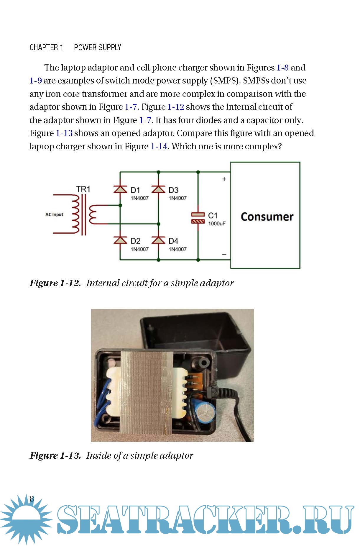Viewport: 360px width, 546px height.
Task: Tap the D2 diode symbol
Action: coord(120,240)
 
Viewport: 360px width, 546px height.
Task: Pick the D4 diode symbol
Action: coord(158,240)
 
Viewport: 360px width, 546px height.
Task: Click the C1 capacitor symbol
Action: coord(198,218)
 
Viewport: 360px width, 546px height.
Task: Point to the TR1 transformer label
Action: coord(83,189)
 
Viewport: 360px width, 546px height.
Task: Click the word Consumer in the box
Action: coord(267,217)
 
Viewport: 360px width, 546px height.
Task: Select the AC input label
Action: coord(54,214)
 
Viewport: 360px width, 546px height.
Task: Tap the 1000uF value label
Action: coord(217,224)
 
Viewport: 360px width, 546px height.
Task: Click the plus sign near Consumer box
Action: coord(224,179)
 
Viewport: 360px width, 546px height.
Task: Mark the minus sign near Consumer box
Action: coord(224,254)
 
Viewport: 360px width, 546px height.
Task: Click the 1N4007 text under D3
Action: coord(177,198)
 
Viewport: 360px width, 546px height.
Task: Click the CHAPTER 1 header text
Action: coord(46,47)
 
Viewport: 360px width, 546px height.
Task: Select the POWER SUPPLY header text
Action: coord(98,47)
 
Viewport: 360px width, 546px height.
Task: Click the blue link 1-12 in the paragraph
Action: coord(176,107)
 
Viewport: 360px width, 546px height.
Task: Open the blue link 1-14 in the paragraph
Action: coord(159,146)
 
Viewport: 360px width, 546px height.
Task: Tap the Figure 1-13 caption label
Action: coord(55,456)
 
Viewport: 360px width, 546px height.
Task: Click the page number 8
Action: coord(32,499)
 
